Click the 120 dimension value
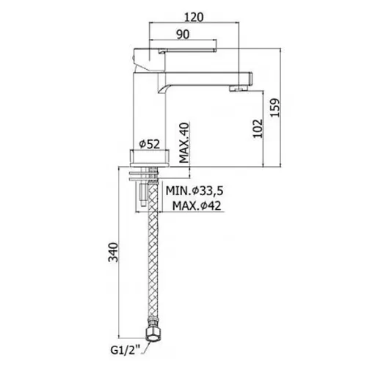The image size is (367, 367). (x=194, y=17)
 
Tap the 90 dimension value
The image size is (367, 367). (x=183, y=34)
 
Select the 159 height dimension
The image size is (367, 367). (x=275, y=108)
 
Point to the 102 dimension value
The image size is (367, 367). (x=258, y=128)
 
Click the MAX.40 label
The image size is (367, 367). (x=184, y=142)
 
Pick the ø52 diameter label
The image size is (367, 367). (x=150, y=144)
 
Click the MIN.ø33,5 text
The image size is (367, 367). (x=195, y=191)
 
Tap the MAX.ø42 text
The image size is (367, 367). (x=197, y=206)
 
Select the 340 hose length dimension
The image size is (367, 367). (x=113, y=252)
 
